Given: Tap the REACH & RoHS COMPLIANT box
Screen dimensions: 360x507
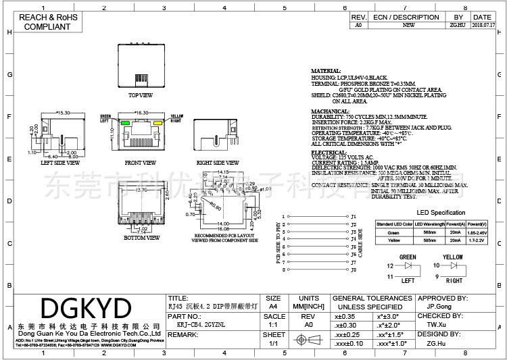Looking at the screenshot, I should click(x=47, y=22).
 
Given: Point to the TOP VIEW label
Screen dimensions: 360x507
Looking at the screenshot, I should click(x=141, y=95).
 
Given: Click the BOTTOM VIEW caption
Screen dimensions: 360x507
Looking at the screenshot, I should click(x=141, y=238).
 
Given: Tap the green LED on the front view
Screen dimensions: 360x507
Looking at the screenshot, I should click(x=125, y=123).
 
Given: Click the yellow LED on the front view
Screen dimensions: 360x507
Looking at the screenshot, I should click(x=156, y=123).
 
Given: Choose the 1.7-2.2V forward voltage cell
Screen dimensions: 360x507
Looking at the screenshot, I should click(x=477, y=239).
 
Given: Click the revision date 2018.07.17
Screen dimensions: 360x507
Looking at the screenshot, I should click(x=483, y=25).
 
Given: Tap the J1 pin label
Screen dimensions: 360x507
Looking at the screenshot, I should click(x=354, y=217).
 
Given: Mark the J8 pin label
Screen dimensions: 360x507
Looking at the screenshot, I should click(x=354, y=269).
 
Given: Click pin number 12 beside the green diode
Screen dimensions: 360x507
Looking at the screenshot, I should click(x=390, y=267).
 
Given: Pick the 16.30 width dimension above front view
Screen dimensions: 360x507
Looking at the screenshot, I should click(x=142, y=113).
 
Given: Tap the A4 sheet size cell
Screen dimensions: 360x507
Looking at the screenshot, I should click(x=274, y=306).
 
